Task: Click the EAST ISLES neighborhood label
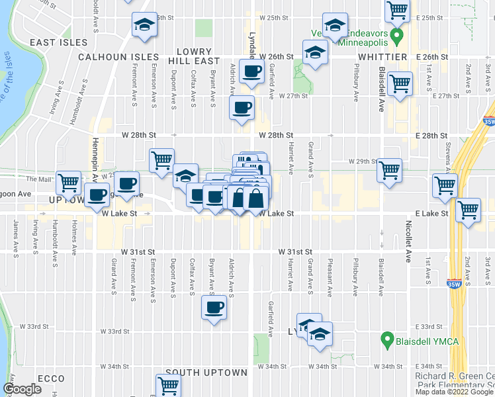pyautogui.click(x=58, y=42)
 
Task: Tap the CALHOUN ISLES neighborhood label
pyautogui.click(x=118, y=58)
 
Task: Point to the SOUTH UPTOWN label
pyautogui.click(x=206, y=373)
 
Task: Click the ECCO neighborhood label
pyautogui.click(x=51, y=379)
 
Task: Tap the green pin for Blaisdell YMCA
pyautogui.click(x=388, y=341)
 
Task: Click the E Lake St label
pyautogui.click(x=433, y=214)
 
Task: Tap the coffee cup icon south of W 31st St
pyautogui.click(x=214, y=308)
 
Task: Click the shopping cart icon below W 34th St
pyautogui.click(x=168, y=386)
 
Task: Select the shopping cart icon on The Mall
pyautogui.click(x=68, y=183)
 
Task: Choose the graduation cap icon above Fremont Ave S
pyautogui.click(x=144, y=26)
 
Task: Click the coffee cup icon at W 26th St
pyautogui.click(x=251, y=71)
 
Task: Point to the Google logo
pyautogui.click(x=22, y=390)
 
